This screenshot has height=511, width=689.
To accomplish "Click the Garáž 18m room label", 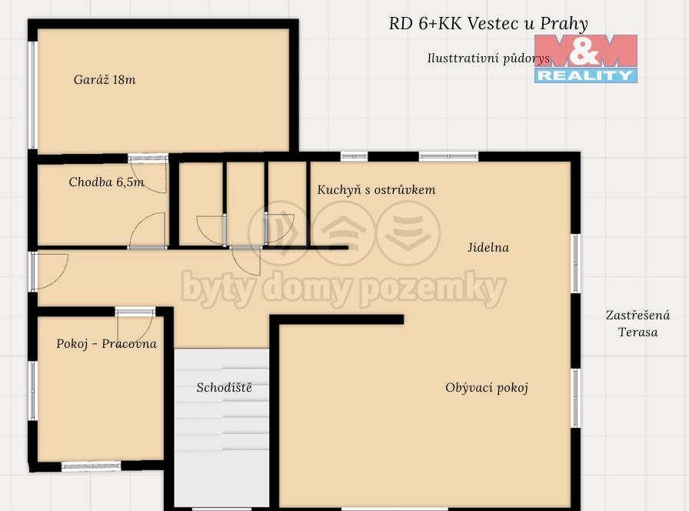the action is point(105,79).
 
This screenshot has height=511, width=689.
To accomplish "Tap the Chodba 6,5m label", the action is point(106,182).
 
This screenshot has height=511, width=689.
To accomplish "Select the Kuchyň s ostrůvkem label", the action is point(376,189).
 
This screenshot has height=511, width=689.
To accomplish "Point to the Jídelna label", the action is point(488,248).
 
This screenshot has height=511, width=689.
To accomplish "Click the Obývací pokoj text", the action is point(487,388).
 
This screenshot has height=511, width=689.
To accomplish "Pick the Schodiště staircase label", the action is point(224,387).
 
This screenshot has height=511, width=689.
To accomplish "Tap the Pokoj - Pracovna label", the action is point(106,343).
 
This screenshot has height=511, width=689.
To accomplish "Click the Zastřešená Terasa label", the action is point(638,323).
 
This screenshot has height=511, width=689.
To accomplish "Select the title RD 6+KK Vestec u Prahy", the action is point(488,24).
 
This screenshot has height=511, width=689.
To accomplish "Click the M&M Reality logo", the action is point(586,59).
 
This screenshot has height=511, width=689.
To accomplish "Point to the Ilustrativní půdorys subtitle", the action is point(488,58).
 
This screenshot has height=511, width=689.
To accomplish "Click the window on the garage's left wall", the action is point(32,95).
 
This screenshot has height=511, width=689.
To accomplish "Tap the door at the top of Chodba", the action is point(148,174).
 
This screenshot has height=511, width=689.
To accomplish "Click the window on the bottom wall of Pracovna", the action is point(91,466).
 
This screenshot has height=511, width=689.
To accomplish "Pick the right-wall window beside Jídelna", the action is point(576,263).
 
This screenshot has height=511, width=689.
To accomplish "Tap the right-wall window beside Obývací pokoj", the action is point(576,398).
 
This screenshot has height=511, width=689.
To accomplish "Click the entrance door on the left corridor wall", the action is point(48,272).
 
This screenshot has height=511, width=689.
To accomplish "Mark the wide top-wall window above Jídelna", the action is point(448,156).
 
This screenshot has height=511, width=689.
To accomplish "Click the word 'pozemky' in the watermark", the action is point(433,289).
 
